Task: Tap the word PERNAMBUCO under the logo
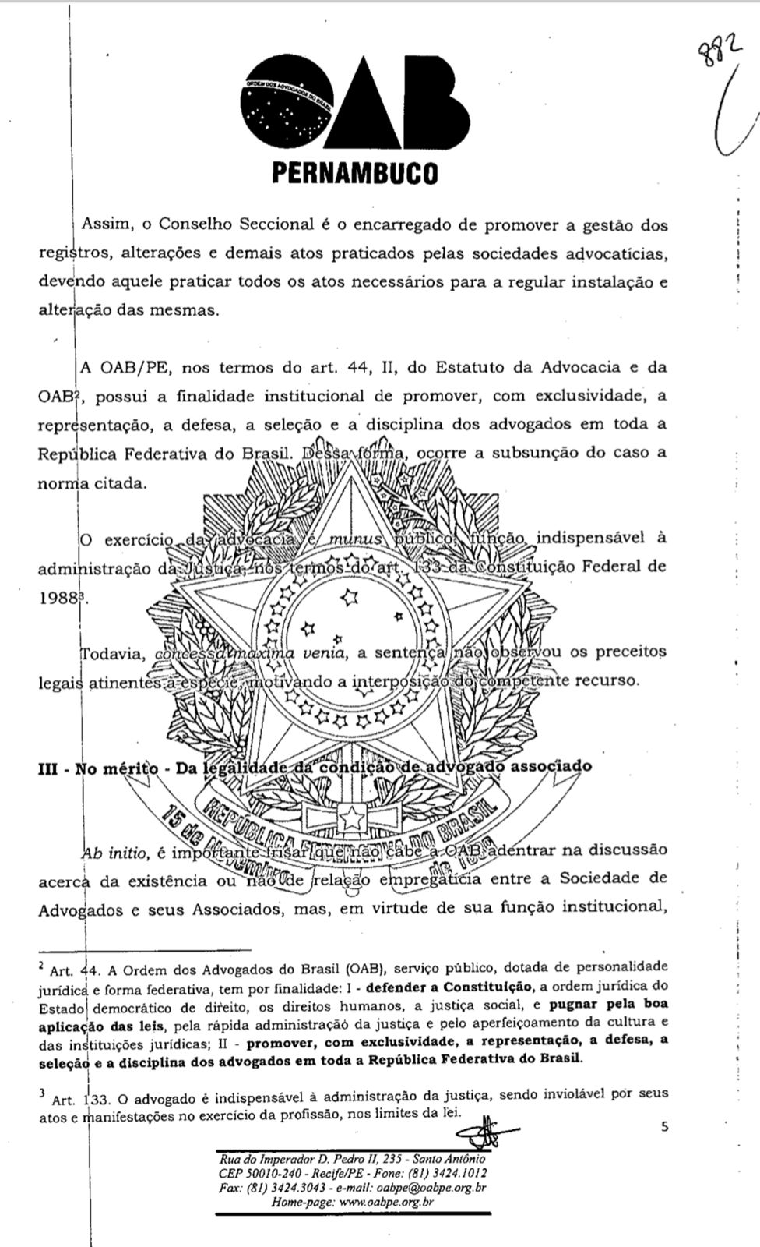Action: point(354,172)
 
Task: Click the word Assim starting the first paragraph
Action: point(104,225)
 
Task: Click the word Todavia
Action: point(112,653)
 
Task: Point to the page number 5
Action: point(664,1126)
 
